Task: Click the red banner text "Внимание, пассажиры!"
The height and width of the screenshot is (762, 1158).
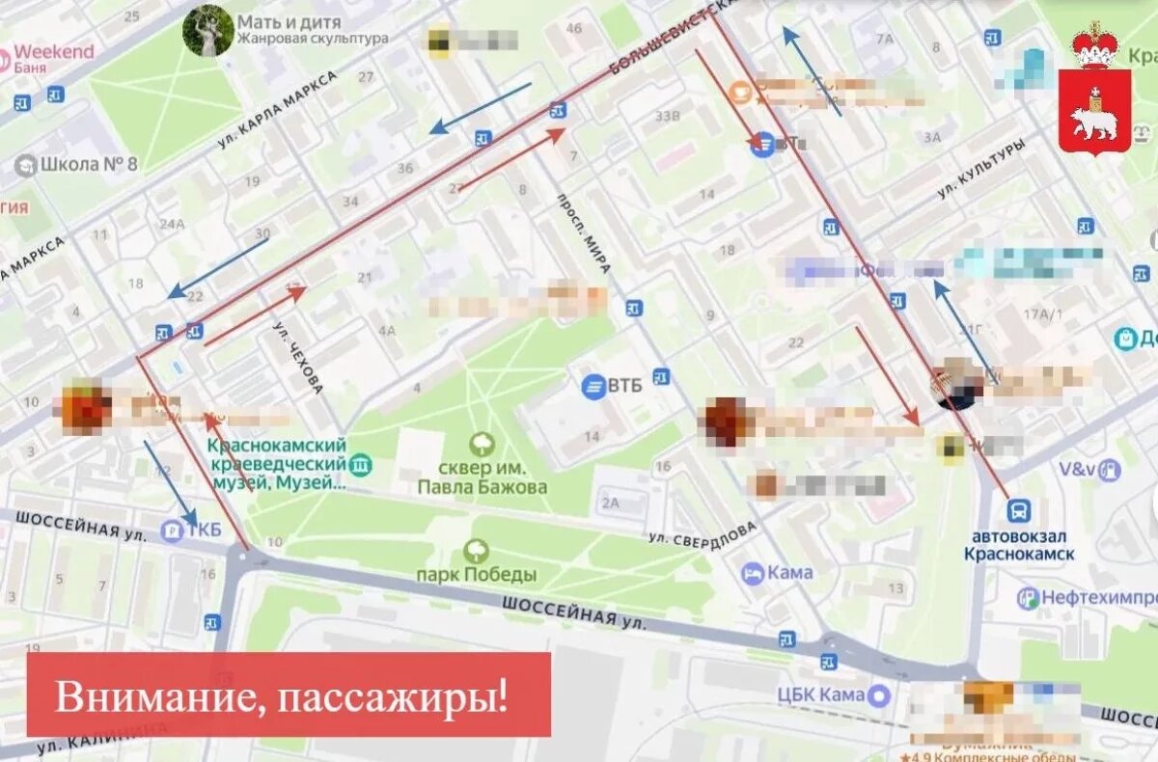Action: (281, 695)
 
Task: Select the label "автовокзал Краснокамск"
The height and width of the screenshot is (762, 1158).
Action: (1019, 546)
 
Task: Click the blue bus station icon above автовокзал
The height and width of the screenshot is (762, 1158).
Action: (1019, 511)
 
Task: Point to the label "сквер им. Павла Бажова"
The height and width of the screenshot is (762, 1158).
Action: (482, 477)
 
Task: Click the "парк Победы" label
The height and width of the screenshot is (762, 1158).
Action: (476, 575)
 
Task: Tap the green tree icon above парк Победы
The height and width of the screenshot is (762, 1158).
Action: (476, 551)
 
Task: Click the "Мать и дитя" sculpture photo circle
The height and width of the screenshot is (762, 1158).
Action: (207, 30)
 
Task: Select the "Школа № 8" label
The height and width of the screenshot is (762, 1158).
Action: (88, 163)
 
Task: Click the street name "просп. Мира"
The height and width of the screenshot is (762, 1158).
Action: (584, 232)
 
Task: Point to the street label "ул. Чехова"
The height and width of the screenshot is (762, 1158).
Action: (299, 356)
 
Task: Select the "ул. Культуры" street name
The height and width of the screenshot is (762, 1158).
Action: (980, 170)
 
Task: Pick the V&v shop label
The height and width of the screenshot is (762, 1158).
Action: (1077, 470)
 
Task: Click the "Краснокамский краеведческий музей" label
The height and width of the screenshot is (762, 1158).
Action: (277, 463)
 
